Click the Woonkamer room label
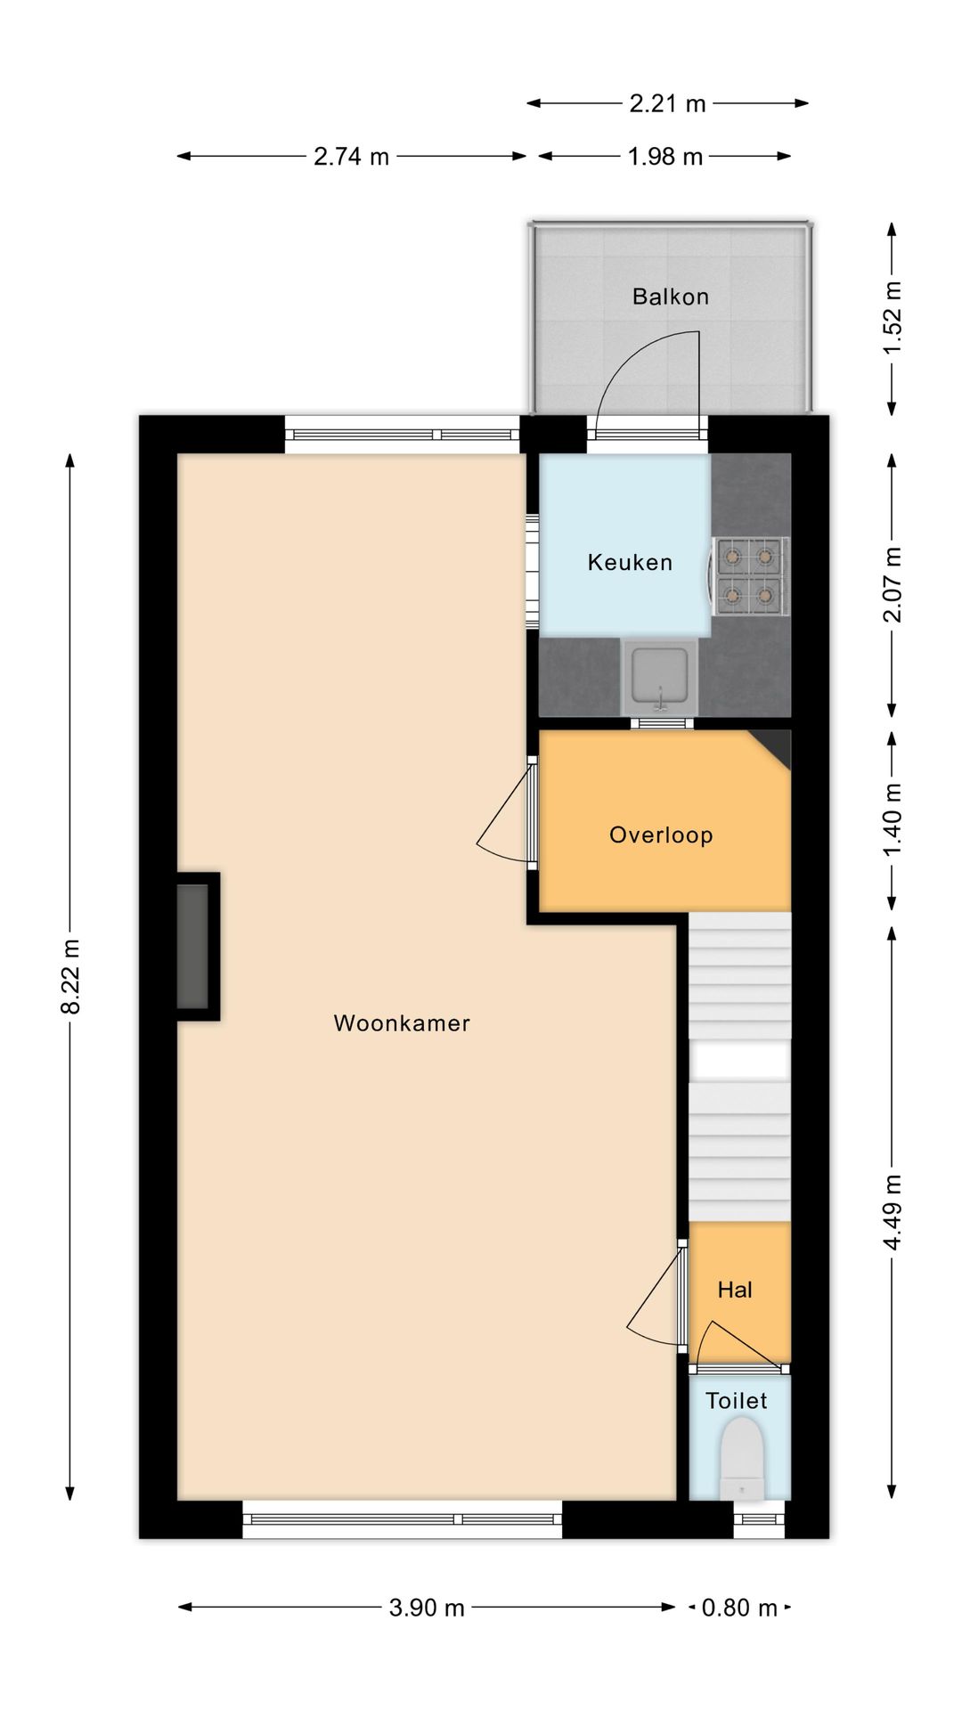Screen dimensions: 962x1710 point(402,1023)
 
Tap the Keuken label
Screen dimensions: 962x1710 point(630,562)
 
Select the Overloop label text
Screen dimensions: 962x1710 point(661,835)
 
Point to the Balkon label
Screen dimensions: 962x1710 point(671,297)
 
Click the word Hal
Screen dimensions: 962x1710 point(735,1290)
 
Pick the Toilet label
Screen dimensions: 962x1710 point(737,1401)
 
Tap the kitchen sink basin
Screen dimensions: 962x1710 point(660,676)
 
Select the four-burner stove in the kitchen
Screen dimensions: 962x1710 point(748,576)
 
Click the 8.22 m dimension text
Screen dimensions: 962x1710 point(71,976)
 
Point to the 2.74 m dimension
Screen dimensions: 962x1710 point(351,157)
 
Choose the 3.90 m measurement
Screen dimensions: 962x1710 point(427,1608)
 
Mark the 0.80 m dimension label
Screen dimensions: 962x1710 point(739,1608)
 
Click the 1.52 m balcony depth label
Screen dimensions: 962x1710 point(893,318)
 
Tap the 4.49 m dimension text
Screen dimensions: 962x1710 point(893,1212)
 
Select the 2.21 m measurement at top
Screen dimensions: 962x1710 point(667,103)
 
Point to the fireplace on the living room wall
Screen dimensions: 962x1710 point(197,947)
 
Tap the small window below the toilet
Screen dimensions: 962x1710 point(760,1519)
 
